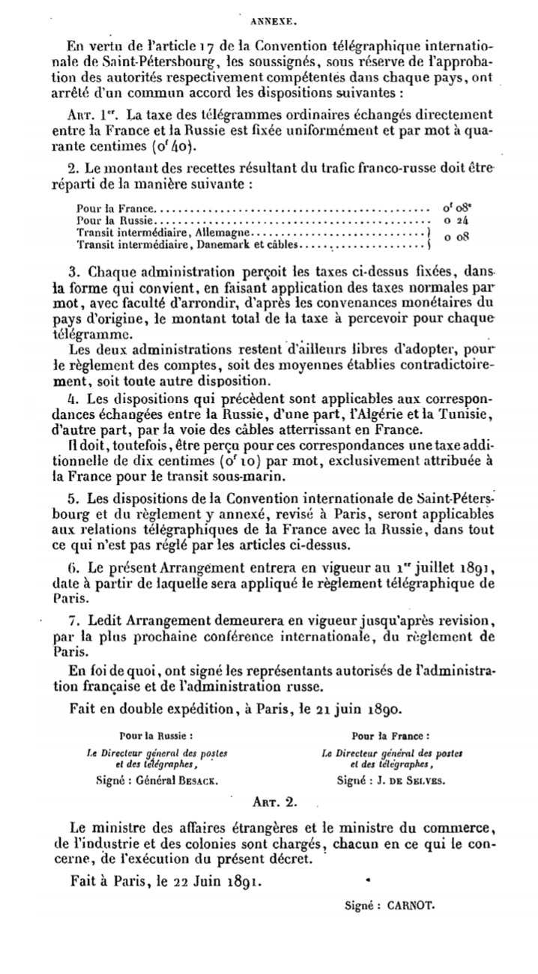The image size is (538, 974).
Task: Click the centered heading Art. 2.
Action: click(275, 800)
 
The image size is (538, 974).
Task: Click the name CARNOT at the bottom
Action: click(411, 904)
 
